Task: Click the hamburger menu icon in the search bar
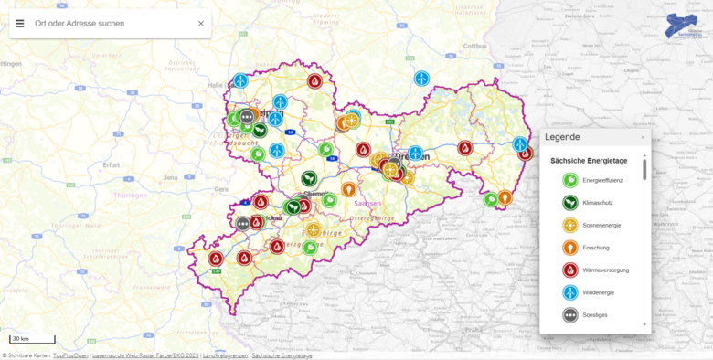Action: tap(20, 23)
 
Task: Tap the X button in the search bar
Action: tap(201, 23)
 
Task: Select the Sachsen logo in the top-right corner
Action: tap(685, 25)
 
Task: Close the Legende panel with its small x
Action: tap(642, 137)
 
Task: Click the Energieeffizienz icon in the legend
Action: tap(569, 180)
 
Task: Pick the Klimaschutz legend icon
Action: tap(569, 203)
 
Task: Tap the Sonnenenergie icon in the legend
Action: tap(569, 225)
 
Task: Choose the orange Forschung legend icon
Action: tap(569, 248)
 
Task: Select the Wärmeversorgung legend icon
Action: tap(569, 270)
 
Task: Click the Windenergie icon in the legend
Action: tap(569, 292)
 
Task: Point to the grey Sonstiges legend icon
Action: tap(569, 315)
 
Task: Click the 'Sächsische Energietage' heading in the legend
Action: tap(587, 161)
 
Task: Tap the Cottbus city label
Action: tap(476, 44)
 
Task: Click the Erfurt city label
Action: tap(112, 165)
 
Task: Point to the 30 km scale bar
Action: tap(32, 339)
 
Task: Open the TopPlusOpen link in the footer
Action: tap(71, 355)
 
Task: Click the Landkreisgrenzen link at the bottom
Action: tap(225, 355)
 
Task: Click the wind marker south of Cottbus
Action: tap(421, 79)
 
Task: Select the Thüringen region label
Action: tap(130, 196)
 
